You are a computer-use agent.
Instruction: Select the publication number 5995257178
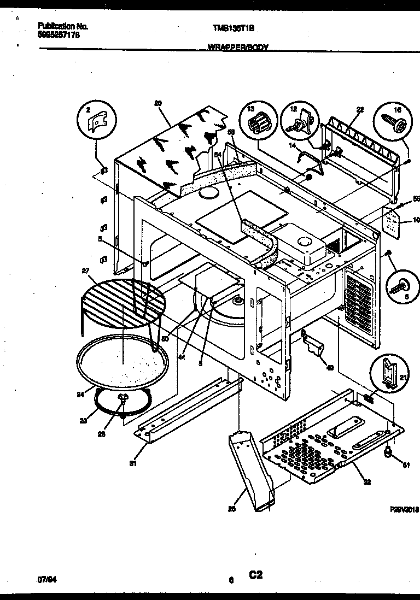click(x=60, y=34)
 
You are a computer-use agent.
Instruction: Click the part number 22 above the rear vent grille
click(x=359, y=110)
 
